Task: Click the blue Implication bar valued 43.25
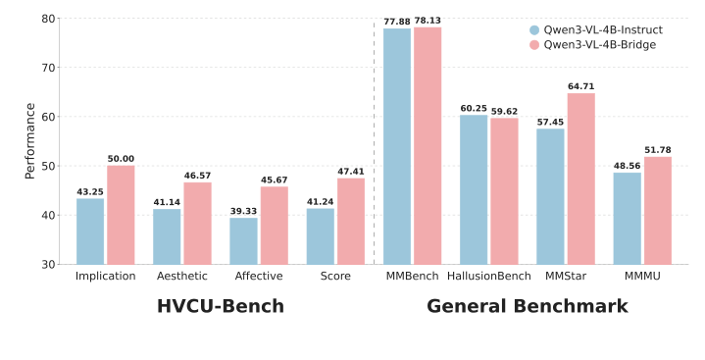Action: click(x=90, y=231)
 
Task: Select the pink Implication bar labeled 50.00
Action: click(x=121, y=215)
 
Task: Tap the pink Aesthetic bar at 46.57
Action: click(x=197, y=223)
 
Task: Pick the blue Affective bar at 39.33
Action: click(x=243, y=240)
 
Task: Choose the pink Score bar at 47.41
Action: click(x=351, y=221)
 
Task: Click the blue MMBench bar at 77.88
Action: click(x=397, y=146)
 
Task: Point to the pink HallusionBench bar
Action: click(x=504, y=191)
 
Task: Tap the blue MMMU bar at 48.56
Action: click(x=628, y=218)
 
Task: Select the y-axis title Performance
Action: click(x=29, y=141)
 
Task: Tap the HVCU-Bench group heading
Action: click(x=221, y=307)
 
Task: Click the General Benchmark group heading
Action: click(x=527, y=307)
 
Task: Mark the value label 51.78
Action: click(x=658, y=150)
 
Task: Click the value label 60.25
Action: click(x=474, y=108)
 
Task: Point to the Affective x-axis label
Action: click(x=259, y=277)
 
